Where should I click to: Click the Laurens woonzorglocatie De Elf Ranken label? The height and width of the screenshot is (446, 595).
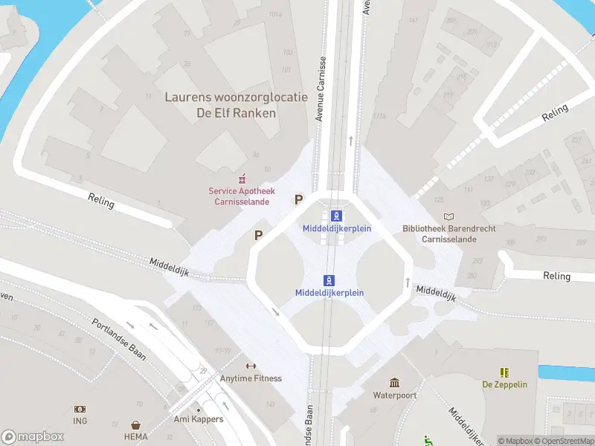[235, 105]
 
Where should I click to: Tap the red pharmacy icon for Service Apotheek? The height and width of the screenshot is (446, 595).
[242, 178]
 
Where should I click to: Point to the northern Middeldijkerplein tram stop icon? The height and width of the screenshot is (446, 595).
[337, 216]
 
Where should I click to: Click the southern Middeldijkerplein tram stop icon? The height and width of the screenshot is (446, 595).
[329, 280]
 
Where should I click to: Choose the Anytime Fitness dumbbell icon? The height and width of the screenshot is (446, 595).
[251, 366]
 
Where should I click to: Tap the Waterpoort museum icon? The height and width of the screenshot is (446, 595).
[394, 383]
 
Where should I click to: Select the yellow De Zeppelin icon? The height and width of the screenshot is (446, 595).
[504, 372]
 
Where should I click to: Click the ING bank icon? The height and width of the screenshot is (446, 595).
[80, 409]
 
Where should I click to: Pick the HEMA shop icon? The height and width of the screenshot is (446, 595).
[136, 424]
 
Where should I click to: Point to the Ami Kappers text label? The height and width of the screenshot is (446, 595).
[199, 419]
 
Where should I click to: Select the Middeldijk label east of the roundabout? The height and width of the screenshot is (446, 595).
[434, 292]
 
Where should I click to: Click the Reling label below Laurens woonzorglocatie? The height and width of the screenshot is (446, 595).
[102, 201]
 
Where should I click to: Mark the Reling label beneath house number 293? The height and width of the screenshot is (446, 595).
[556, 276]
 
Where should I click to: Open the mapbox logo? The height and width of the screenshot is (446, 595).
[32, 436]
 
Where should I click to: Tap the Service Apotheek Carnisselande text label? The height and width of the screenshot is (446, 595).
[239, 196]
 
